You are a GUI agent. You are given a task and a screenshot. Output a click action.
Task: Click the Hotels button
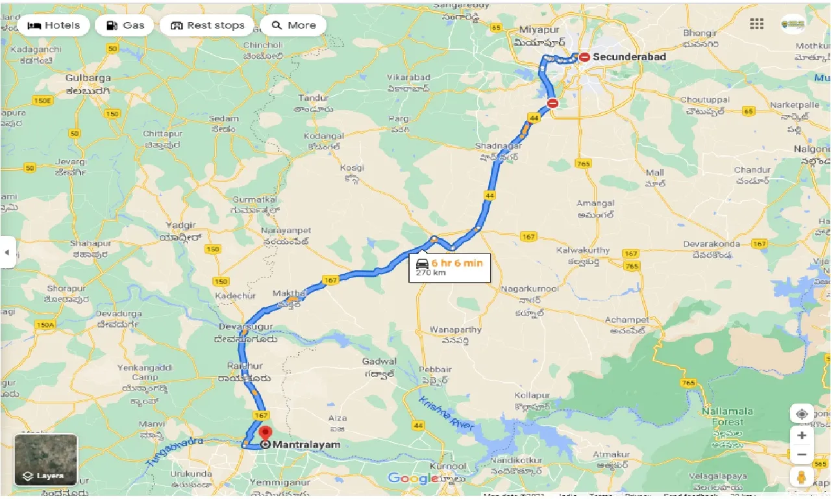54,25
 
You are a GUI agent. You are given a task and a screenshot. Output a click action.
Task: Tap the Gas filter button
125,25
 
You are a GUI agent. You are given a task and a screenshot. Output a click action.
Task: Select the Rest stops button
207,25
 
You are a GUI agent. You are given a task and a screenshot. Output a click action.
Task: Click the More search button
293,25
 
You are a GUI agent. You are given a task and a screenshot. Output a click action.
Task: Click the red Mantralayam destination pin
265,433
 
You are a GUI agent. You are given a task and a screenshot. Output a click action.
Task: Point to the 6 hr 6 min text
457,262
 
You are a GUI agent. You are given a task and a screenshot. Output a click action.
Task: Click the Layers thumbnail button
45,460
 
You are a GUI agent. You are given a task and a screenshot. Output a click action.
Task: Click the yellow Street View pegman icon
802,476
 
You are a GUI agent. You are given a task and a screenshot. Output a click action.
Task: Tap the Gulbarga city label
88,77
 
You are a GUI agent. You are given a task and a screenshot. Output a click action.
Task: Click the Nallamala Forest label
727,416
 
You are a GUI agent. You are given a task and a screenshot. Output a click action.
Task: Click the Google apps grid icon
756,24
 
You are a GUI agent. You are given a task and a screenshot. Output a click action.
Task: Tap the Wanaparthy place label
456,329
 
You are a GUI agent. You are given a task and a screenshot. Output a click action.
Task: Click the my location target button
802,414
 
